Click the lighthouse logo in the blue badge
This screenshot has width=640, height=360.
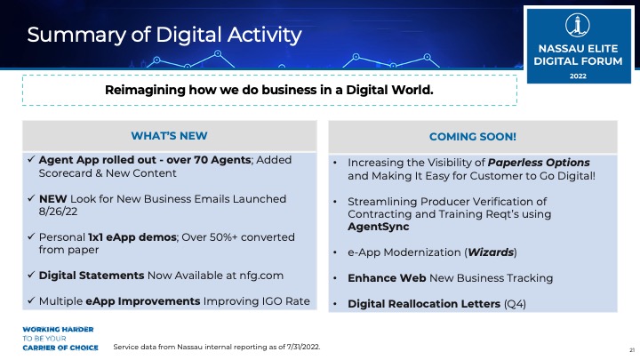pos(578,25)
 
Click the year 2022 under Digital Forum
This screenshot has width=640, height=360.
pos(578,76)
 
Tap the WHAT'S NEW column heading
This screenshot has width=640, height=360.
pos(169,136)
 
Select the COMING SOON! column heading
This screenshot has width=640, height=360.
pos(473,137)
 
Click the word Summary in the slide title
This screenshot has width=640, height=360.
pos(76,35)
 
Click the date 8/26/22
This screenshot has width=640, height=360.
pos(58,212)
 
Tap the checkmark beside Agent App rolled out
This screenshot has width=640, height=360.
pos(31,159)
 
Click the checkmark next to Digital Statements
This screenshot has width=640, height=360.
pos(31,275)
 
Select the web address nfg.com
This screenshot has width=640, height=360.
pos(261,276)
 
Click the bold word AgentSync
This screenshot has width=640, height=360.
pos(379,227)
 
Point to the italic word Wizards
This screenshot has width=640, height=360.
pos(491,252)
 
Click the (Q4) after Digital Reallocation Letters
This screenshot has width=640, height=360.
pos(515,304)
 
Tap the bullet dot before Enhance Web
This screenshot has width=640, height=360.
pos(335,278)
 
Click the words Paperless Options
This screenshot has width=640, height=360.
pos(539,163)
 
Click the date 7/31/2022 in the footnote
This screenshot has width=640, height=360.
pos(303,347)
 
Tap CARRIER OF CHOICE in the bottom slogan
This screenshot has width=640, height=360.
pos(60,348)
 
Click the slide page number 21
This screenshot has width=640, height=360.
pos(632,350)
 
